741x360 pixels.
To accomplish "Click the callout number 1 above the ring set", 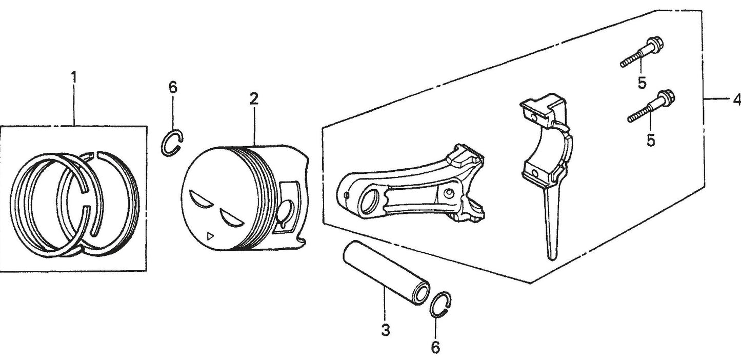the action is [74, 77].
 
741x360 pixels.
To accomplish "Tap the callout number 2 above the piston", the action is [254, 99].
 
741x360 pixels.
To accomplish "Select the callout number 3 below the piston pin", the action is [386, 330].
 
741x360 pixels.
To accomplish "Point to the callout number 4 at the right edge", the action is [736, 100].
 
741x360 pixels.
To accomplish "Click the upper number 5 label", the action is [642, 83].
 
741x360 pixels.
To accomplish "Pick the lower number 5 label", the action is [651, 140].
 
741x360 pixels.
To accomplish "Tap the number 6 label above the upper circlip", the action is [173, 87].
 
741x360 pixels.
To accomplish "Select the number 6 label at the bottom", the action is [435, 347].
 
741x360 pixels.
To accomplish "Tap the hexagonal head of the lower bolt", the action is [666, 98].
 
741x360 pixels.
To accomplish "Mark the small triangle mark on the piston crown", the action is [210, 236].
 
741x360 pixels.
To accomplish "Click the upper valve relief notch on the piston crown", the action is [201, 201].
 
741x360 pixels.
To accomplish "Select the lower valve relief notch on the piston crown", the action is [230, 218].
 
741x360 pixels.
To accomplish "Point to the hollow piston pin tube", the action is [386, 272].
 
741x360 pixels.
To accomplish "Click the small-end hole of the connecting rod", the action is [370, 203].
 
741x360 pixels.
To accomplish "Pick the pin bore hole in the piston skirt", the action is [285, 212].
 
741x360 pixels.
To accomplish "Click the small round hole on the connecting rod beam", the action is [448, 193].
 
